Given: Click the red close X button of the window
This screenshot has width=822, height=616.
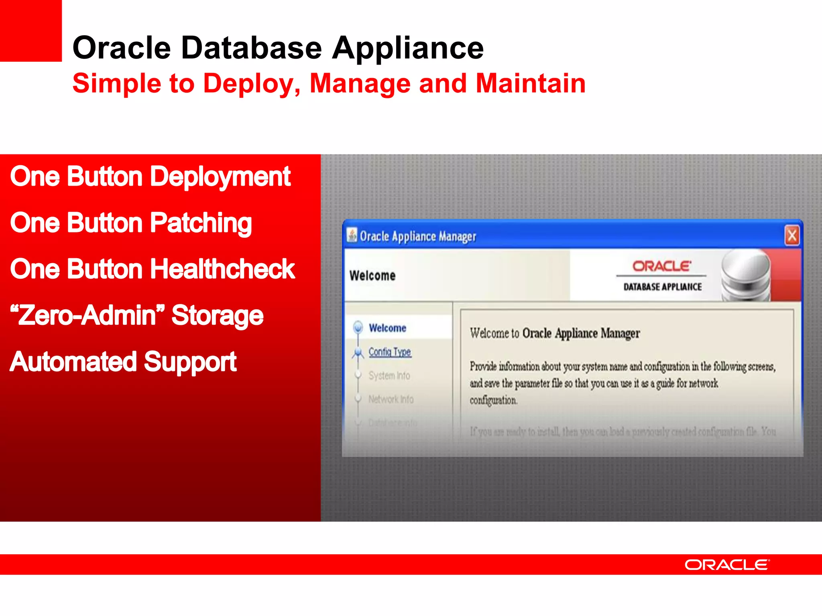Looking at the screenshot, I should point(792,236).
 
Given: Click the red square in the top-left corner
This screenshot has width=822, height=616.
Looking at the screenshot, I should point(31,30).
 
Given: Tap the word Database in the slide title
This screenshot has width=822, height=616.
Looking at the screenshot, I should point(251,48).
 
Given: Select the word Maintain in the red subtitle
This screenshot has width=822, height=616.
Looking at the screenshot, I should point(531,83).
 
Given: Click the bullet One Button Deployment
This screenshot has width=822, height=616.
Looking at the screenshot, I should point(150,176).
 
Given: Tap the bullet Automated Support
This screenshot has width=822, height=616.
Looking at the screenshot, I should point(123,362).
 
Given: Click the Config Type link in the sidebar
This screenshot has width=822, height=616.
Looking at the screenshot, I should point(390,352).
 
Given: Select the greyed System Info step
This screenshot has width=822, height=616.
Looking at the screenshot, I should point(389,376).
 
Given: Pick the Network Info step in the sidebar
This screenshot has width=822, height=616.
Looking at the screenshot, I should point(391,399).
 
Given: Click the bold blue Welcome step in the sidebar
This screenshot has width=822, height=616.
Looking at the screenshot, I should point(387,328).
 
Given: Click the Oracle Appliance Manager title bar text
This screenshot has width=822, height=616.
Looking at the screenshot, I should point(417,237).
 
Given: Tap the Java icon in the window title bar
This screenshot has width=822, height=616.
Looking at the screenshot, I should point(352,235).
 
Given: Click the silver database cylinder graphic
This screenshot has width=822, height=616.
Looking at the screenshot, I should point(745,276).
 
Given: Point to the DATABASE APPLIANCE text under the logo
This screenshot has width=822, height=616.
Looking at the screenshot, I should point(662,287).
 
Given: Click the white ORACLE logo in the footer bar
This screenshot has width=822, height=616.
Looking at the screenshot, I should point(727,565).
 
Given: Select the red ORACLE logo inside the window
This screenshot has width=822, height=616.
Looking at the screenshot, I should point(661,266).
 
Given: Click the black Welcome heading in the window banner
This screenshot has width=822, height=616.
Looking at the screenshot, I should point(372,276).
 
